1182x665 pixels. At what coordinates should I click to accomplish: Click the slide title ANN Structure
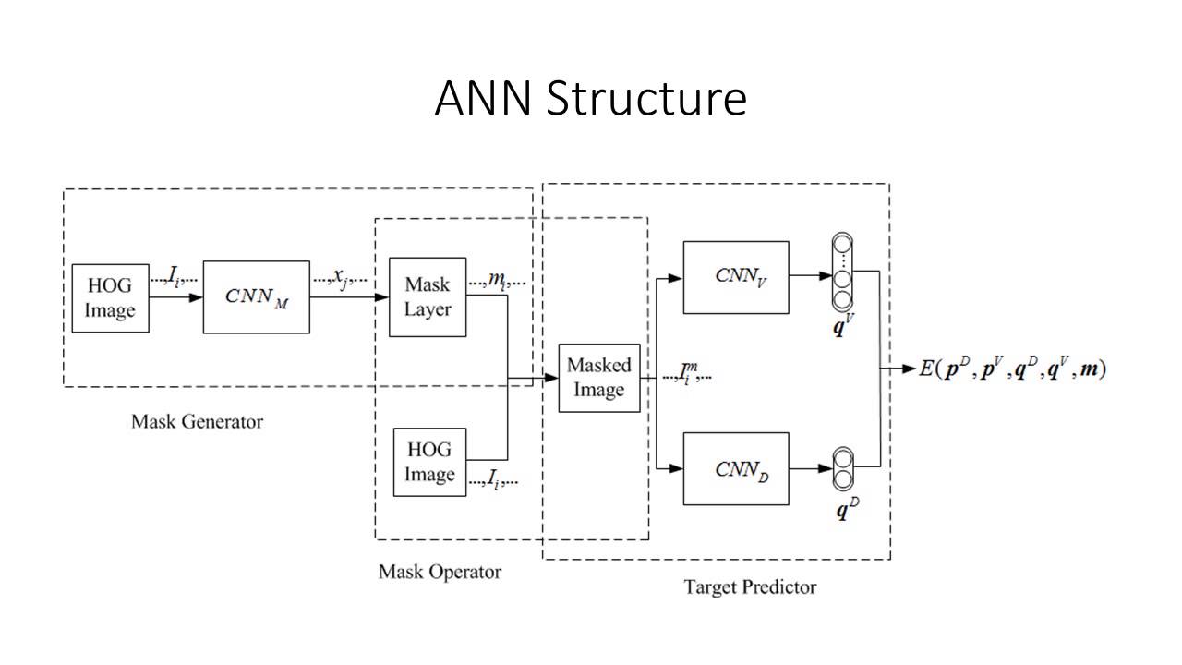coord(590,99)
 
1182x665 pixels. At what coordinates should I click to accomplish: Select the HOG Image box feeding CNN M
coord(110,297)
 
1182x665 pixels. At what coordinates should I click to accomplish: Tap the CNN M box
coord(256,296)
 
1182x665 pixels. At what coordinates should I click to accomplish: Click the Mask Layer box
coord(428,297)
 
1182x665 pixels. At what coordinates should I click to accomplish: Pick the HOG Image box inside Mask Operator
coord(429,462)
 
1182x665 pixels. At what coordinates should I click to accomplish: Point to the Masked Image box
coord(599,378)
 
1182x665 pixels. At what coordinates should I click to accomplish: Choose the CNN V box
coord(736,277)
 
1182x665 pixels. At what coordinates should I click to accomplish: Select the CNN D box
coord(736,468)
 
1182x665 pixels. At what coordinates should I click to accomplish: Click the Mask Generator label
coord(197,422)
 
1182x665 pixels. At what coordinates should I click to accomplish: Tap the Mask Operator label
coord(440,572)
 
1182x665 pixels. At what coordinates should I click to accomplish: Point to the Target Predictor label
coord(750,586)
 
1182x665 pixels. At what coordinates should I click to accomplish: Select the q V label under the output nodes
coord(842,326)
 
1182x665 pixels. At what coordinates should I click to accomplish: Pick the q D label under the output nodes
coord(842,510)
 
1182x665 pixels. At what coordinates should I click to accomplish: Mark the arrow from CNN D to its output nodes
coord(811,468)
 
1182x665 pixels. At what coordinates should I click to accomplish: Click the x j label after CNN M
coord(341,276)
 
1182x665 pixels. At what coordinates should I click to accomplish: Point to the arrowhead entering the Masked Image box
coord(552,378)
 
